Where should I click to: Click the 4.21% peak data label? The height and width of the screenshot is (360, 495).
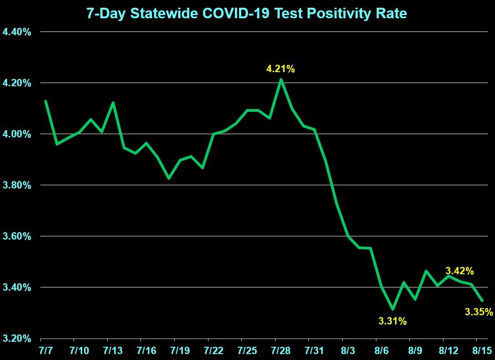[x=281, y=69]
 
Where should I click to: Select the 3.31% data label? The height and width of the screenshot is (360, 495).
[x=392, y=321]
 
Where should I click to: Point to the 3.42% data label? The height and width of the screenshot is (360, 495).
[x=459, y=271]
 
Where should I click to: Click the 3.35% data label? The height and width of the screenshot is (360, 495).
[x=479, y=312]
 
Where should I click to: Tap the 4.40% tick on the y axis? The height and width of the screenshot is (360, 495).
[x=17, y=32]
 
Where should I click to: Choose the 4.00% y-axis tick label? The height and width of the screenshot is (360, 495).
[x=17, y=134]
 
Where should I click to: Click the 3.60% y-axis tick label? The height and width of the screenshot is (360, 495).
[x=17, y=236]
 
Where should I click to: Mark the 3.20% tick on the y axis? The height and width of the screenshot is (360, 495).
[x=17, y=339]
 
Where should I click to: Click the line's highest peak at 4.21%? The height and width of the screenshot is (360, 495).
[x=281, y=79]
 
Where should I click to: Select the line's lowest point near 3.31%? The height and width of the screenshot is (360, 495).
[x=392, y=309]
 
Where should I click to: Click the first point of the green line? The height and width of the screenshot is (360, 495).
[x=46, y=101]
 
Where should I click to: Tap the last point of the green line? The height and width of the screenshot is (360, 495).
[x=482, y=300]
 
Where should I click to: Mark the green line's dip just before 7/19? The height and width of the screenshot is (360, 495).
[x=169, y=178]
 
